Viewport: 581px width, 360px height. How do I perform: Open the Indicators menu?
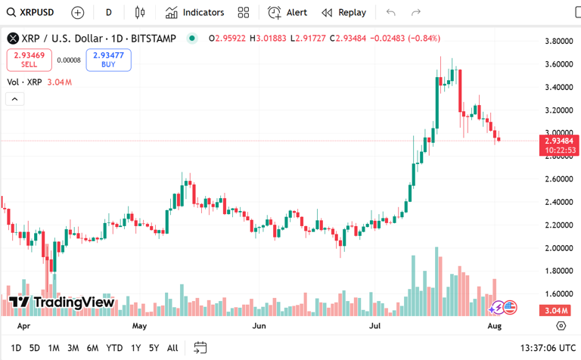click(194, 12)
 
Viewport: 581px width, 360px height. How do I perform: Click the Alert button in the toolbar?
click(287, 12)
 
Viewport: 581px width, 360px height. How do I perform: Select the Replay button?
click(344, 12)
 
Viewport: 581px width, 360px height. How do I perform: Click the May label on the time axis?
click(139, 326)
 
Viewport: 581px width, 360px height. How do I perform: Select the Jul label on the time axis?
click(374, 326)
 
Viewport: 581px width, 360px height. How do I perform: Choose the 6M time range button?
click(92, 348)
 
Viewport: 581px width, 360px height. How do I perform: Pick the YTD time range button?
click(114, 348)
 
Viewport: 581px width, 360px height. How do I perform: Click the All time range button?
click(172, 348)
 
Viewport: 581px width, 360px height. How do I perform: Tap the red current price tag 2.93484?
click(558, 140)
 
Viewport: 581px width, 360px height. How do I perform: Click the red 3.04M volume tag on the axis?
click(555, 311)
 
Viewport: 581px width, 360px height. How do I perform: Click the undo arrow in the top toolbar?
click(390, 12)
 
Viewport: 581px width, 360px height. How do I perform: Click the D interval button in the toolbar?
click(109, 12)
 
